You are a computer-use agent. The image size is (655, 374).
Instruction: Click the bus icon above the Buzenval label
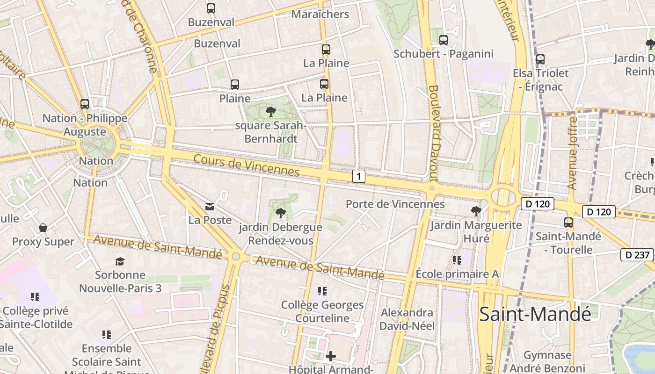[211, 8]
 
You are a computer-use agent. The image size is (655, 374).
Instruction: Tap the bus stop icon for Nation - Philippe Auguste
[85, 104]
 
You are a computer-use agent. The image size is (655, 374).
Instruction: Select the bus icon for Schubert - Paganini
[444, 40]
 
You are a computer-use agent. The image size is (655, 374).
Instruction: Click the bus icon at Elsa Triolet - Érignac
[540, 59]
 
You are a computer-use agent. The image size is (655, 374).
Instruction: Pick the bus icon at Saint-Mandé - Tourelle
[568, 223]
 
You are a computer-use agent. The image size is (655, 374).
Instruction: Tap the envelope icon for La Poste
[210, 206]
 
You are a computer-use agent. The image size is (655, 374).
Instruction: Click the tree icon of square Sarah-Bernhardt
[270, 111]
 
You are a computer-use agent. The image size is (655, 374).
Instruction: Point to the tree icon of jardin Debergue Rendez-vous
[280, 214]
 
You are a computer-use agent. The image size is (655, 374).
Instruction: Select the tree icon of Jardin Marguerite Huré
[476, 211]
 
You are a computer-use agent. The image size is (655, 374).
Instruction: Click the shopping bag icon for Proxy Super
[43, 228]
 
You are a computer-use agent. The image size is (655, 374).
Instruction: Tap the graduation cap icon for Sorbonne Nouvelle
[120, 261]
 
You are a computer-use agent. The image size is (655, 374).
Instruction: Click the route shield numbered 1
[358, 176]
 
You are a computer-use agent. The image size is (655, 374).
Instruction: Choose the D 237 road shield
[637, 255]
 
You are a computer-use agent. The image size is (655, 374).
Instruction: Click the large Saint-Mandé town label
[535, 314]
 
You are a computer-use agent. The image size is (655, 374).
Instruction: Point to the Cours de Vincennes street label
[246, 165]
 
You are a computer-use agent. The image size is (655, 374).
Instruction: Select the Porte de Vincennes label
[395, 204]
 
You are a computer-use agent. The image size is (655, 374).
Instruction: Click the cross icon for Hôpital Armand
[331, 357]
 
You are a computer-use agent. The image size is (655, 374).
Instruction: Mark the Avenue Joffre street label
[572, 153]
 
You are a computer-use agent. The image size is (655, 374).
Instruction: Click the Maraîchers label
[320, 14]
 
